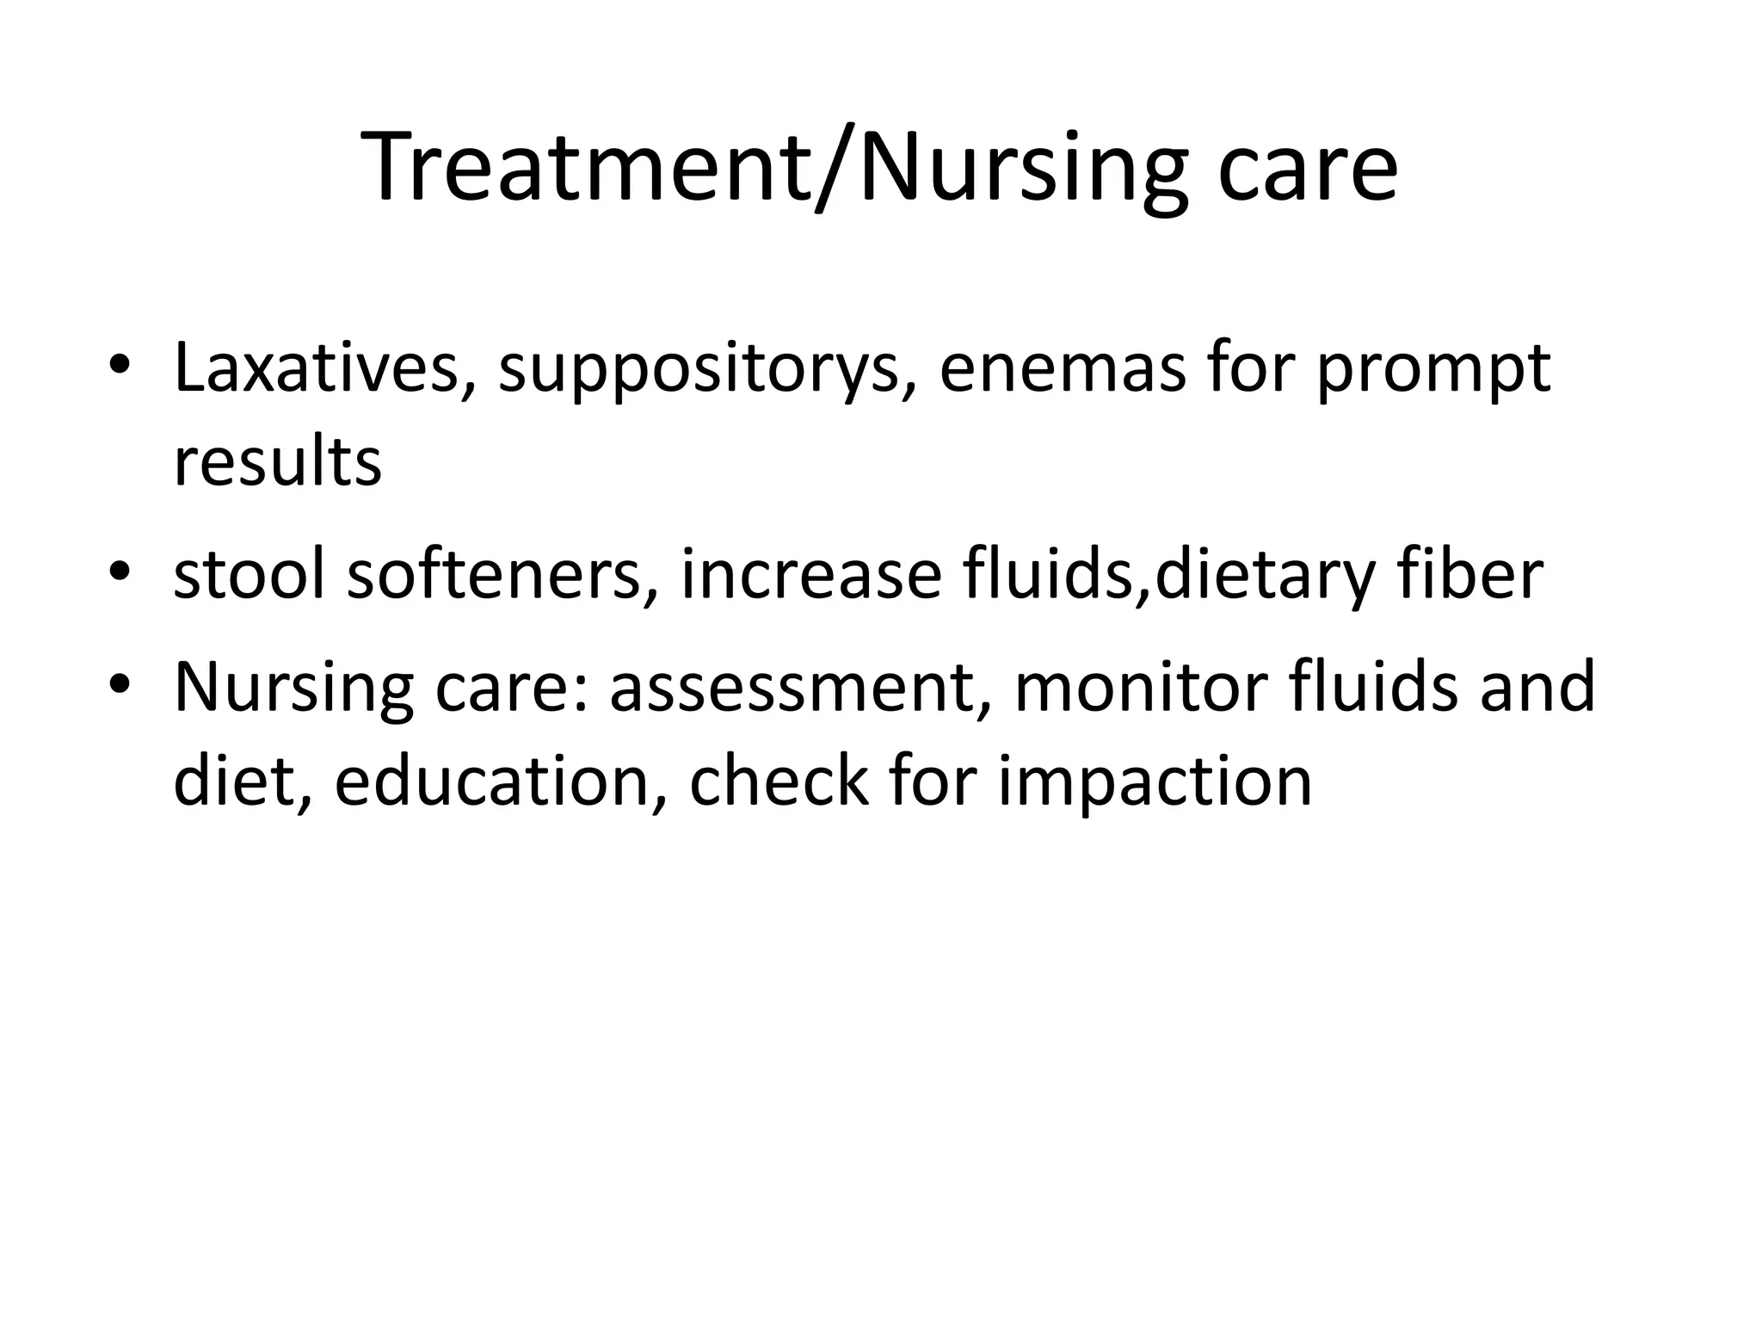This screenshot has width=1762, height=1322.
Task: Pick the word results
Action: click(x=277, y=462)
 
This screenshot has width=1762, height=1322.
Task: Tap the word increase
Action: click(x=810, y=574)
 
